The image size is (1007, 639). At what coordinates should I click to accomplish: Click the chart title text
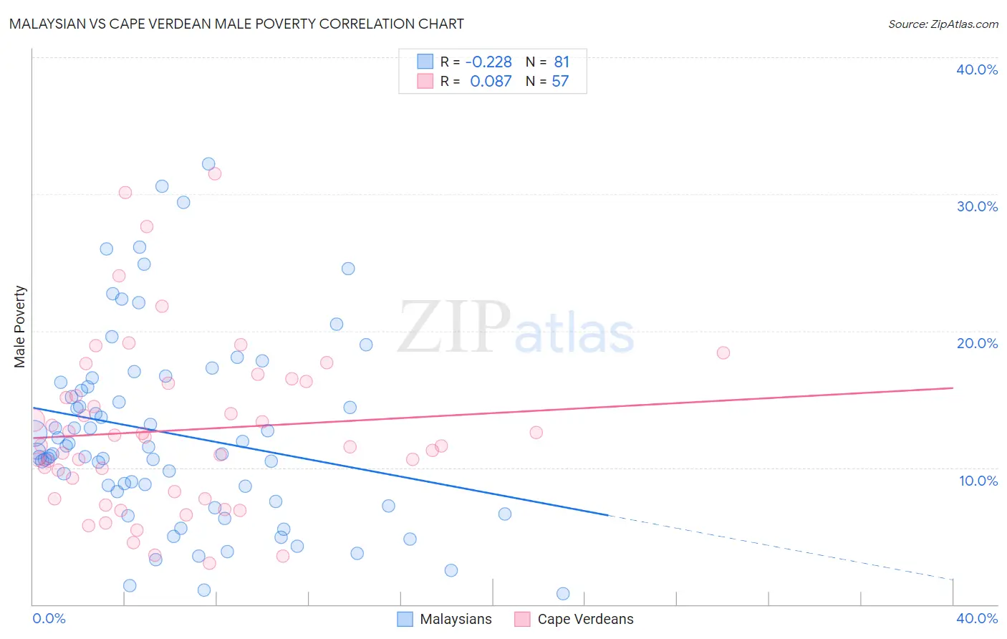pyautogui.click(x=236, y=24)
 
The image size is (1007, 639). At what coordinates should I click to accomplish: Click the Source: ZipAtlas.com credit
pyautogui.click(x=943, y=24)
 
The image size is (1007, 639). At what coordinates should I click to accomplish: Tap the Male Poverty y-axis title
pyautogui.click(x=19, y=327)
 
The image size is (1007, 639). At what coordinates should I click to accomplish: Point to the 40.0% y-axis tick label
pyautogui.click(x=977, y=69)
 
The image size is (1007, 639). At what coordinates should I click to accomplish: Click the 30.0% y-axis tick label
pyautogui.click(x=977, y=206)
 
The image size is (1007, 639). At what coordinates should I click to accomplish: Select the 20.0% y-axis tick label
pyautogui.click(x=977, y=343)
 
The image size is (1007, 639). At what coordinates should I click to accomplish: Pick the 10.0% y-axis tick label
pyautogui.click(x=978, y=481)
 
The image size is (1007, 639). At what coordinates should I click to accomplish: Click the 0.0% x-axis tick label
pyautogui.click(x=49, y=618)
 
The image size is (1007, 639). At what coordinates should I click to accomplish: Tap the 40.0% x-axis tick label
pyautogui.click(x=977, y=618)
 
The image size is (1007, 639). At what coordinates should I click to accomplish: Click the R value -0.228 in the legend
pyautogui.click(x=488, y=62)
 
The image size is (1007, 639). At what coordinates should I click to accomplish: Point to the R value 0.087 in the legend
pyautogui.click(x=491, y=82)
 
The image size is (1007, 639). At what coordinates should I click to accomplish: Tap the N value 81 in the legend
pyautogui.click(x=562, y=62)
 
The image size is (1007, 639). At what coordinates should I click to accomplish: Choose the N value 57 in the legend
pyautogui.click(x=560, y=82)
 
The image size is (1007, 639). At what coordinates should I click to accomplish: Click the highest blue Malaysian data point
pyautogui.click(x=208, y=164)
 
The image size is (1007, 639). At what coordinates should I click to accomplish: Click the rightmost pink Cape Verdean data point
pyautogui.click(x=723, y=352)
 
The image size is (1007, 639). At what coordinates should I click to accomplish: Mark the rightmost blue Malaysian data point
pyautogui.click(x=563, y=594)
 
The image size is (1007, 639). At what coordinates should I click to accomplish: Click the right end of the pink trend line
pyautogui.click(x=953, y=388)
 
